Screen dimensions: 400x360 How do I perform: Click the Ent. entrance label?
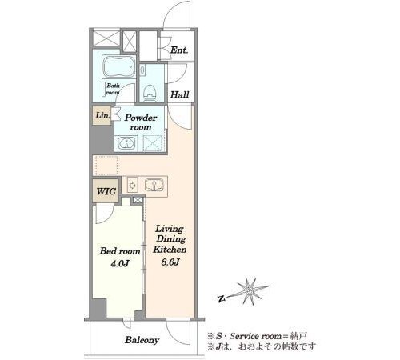click(179, 50)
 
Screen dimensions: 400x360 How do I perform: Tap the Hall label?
click(180, 94)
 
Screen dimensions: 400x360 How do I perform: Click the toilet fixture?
click(150, 93)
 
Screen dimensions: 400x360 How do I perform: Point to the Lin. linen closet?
click(102, 115)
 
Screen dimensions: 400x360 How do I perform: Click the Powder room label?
click(141, 122)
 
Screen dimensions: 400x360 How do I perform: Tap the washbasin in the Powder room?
click(126, 143)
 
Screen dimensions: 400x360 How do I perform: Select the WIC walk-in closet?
click(106, 191)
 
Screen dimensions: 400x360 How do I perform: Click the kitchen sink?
click(154, 185)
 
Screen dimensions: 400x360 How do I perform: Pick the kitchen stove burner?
click(132, 185)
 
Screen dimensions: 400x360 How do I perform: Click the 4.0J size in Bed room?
click(120, 264)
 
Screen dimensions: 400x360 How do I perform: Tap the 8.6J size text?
click(170, 262)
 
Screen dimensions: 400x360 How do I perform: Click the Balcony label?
click(142, 340)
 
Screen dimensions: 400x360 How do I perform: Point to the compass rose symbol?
click(250, 291)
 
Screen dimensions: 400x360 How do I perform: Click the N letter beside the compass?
click(221, 299)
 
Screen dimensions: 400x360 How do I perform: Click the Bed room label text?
click(120, 251)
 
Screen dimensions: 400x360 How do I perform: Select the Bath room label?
click(113, 89)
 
